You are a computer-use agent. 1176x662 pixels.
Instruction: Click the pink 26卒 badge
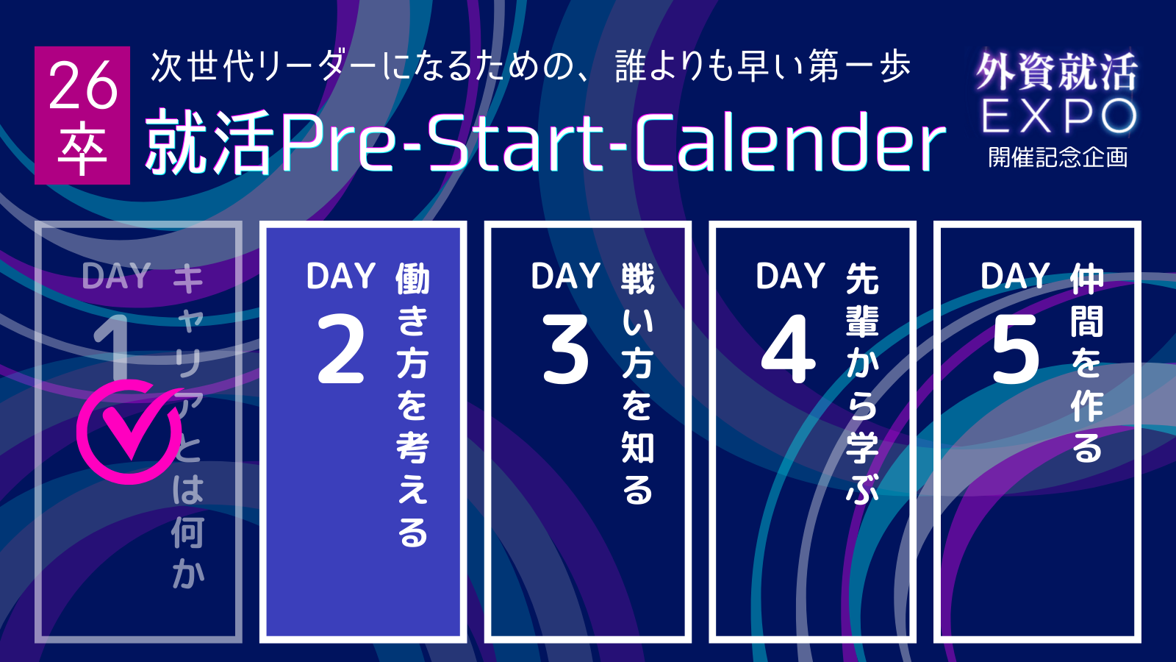pyautogui.click(x=82, y=115)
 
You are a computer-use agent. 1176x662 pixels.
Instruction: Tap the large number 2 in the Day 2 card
pyautogui.click(x=341, y=349)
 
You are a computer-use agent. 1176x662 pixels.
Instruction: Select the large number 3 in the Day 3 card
pyautogui.click(x=565, y=349)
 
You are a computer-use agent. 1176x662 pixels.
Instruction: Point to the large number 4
pyautogui.click(x=789, y=349)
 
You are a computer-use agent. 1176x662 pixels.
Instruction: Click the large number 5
pyautogui.click(x=1015, y=349)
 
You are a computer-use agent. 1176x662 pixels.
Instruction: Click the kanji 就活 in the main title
pyautogui.click(x=210, y=142)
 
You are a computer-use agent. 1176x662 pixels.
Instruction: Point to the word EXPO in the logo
pyautogui.click(x=1059, y=116)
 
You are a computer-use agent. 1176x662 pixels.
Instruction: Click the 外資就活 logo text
pyautogui.click(x=1058, y=72)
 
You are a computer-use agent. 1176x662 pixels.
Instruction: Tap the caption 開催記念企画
pyautogui.click(x=1058, y=157)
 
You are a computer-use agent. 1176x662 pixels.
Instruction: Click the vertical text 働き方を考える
pyautogui.click(x=412, y=405)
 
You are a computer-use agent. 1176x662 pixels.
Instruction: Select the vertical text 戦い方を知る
pyautogui.click(x=638, y=383)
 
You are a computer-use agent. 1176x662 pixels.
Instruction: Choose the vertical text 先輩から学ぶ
pyautogui.click(x=862, y=383)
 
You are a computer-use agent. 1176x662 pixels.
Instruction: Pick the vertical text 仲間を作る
pyautogui.click(x=1087, y=363)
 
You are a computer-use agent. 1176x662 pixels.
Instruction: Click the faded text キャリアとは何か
pyautogui.click(x=188, y=426)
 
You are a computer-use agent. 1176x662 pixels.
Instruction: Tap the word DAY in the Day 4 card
pyautogui.click(x=790, y=276)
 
